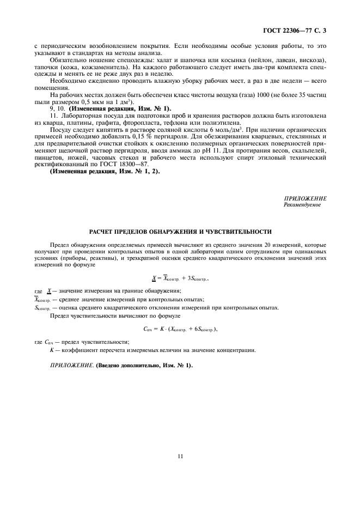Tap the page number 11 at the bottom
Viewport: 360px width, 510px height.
(x=180, y=457)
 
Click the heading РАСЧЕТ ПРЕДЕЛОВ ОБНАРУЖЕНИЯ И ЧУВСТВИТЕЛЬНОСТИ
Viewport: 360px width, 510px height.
(x=180, y=232)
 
